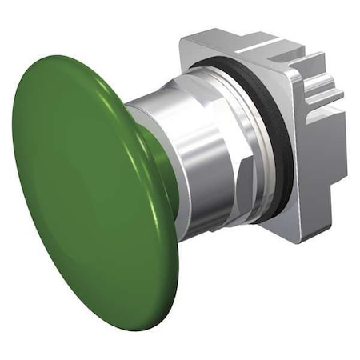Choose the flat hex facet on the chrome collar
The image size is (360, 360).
click(240, 160)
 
